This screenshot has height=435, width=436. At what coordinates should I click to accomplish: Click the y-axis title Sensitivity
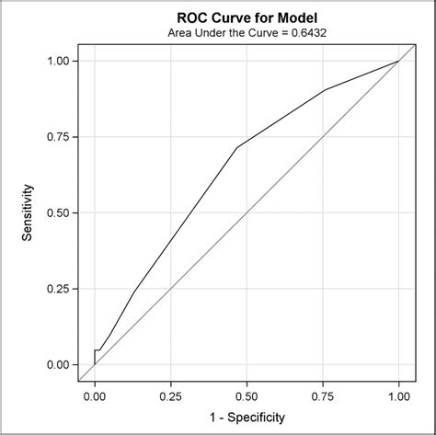coord(29,212)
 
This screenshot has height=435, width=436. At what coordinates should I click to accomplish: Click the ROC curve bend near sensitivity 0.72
coord(237,147)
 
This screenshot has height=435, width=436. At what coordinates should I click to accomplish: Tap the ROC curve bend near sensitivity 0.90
coord(326,90)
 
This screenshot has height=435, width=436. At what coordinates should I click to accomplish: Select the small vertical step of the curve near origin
coord(95,357)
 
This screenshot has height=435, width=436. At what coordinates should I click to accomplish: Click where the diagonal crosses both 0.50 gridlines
coord(247,212)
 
